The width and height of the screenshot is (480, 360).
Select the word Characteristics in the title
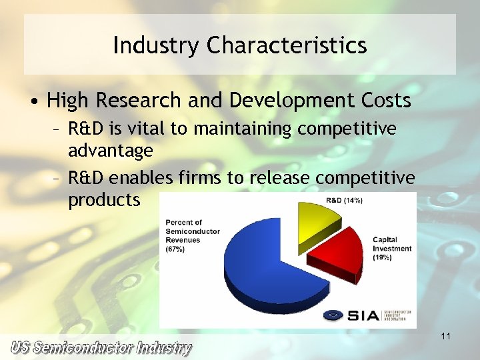[x=287, y=45]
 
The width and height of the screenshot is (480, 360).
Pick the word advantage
[x=111, y=151]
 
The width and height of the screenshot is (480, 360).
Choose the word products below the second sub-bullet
[x=105, y=201]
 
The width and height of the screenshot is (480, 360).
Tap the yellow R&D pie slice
[x=319, y=220]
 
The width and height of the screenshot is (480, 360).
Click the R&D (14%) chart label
[x=344, y=201]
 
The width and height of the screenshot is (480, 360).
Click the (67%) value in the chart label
[x=175, y=249]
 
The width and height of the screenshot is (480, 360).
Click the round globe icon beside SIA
[x=333, y=315]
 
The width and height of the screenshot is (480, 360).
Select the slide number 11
[x=446, y=337]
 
